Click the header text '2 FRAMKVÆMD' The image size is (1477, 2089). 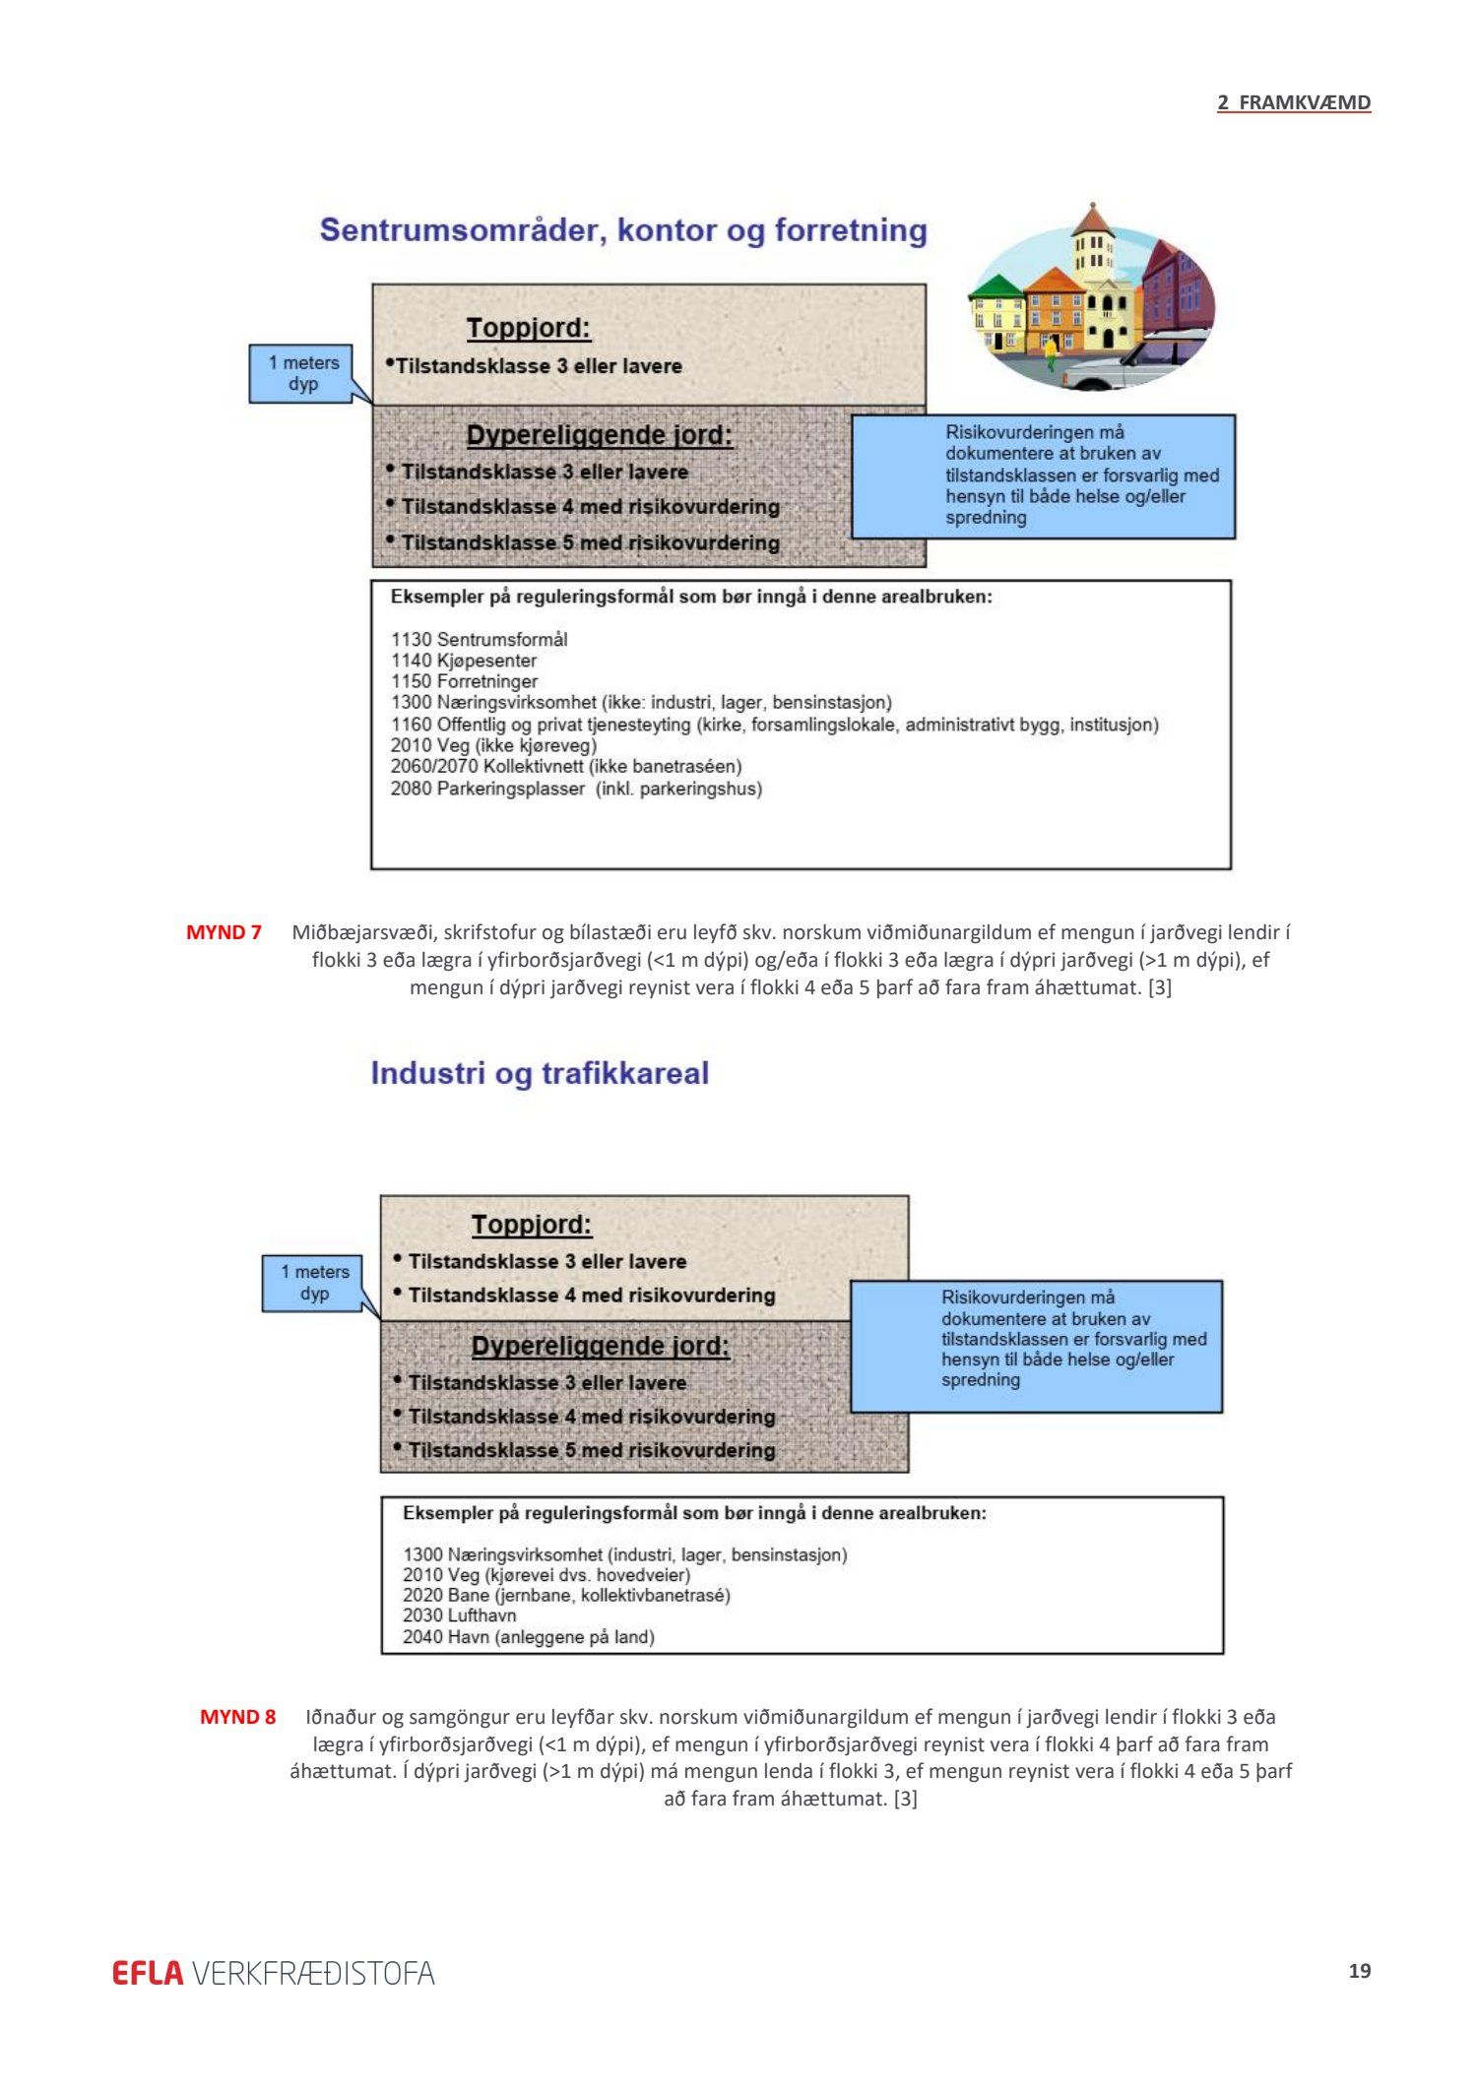[x=1293, y=102]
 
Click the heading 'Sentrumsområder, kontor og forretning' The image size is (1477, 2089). [x=623, y=230]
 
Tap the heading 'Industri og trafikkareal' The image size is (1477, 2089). [x=540, y=1073]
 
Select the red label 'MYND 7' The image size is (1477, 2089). [x=224, y=932]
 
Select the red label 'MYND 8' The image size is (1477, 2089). [x=237, y=1717]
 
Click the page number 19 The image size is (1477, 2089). [x=1359, y=1971]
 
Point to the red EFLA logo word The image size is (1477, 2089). [x=148, y=1973]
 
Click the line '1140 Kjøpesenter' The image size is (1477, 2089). [x=464, y=661]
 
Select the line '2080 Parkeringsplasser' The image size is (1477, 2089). [x=576, y=789]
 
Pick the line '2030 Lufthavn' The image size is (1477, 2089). [x=459, y=1615]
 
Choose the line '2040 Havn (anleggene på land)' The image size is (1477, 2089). [x=529, y=1637]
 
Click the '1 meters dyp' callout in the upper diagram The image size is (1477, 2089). [x=302, y=374]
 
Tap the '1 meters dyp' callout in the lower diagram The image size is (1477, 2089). [x=314, y=1283]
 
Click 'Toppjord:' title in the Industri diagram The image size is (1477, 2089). [x=532, y=1225]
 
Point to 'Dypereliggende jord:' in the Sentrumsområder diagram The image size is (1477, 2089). [x=600, y=435]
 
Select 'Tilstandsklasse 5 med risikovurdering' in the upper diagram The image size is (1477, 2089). [x=590, y=542]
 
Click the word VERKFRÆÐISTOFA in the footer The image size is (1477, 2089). [x=313, y=1973]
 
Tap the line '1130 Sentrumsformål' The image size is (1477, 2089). [x=479, y=639]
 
